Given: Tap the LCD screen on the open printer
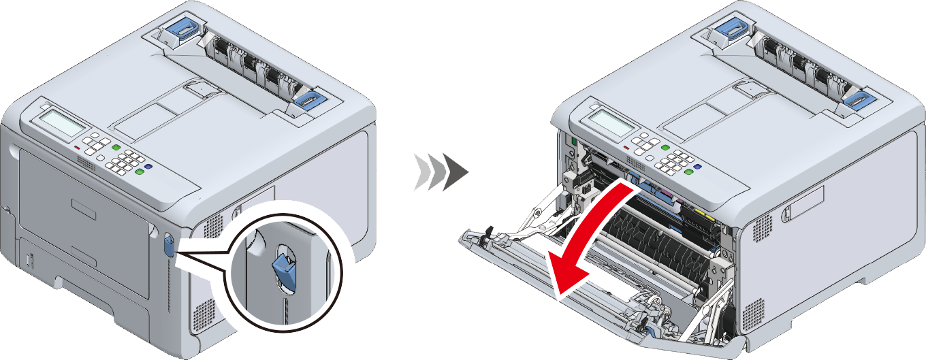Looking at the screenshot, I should click(611, 122).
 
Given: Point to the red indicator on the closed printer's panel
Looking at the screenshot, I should click(77, 147).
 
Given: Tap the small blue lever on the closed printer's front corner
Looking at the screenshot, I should click(169, 246).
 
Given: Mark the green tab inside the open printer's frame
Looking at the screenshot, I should click(573, 141).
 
